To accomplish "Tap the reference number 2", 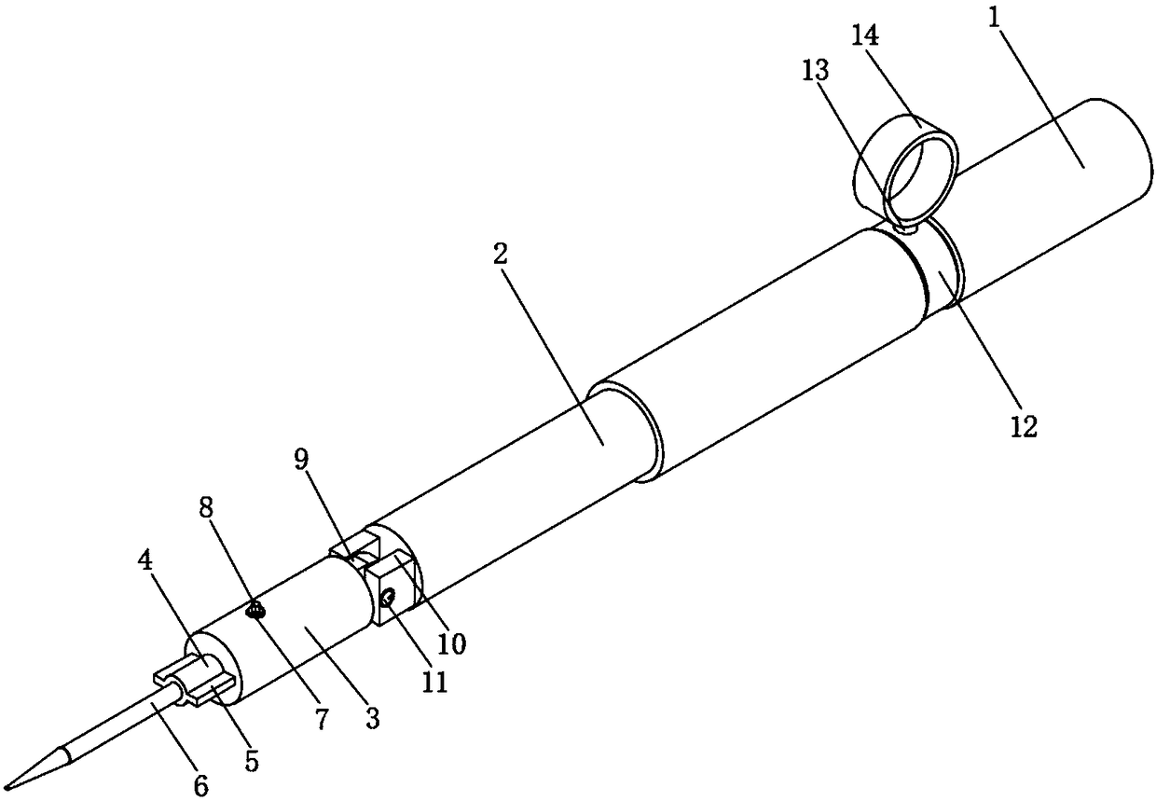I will point(501,256).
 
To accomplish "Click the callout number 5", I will point(252,761).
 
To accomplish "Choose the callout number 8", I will point(206,506).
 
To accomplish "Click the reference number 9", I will point(302,460).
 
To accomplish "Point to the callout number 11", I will point(434,682).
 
